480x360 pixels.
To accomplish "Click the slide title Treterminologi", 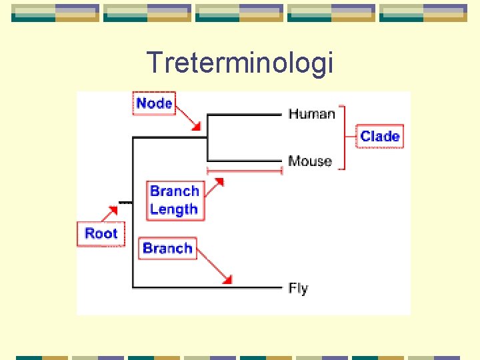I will (x=239, y=63).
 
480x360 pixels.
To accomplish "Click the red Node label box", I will (x=154, y=103).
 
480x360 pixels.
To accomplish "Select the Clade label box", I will (x=380, y=136).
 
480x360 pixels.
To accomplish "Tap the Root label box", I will (x=101, y=233).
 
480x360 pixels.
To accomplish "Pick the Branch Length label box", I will (x=174, y=200).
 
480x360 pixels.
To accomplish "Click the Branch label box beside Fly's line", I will (x=167, y=248).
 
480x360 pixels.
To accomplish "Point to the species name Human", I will (x=311, y=114).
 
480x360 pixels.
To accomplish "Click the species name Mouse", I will (x=310, y=161).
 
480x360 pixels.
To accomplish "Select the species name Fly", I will (x=298, y=289).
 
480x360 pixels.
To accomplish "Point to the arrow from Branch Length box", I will (x=213, y=186).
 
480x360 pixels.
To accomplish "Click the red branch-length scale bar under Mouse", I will (x=245, y=171).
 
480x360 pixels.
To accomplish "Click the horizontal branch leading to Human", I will (x=245, y=115).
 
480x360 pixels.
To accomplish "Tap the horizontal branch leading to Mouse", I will (x=245, y=161).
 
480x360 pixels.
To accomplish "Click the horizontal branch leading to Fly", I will (x=207, y=287).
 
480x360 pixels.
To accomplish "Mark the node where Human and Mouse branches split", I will (x=208, y=138).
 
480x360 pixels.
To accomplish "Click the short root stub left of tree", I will (x=125, y=201).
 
